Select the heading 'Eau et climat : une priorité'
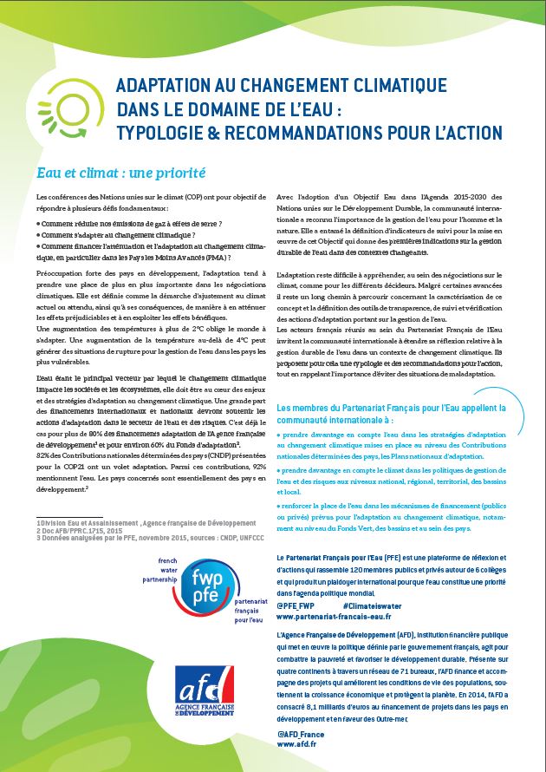(117, 173)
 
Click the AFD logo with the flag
(205, 695)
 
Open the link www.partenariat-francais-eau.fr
(334, 616)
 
